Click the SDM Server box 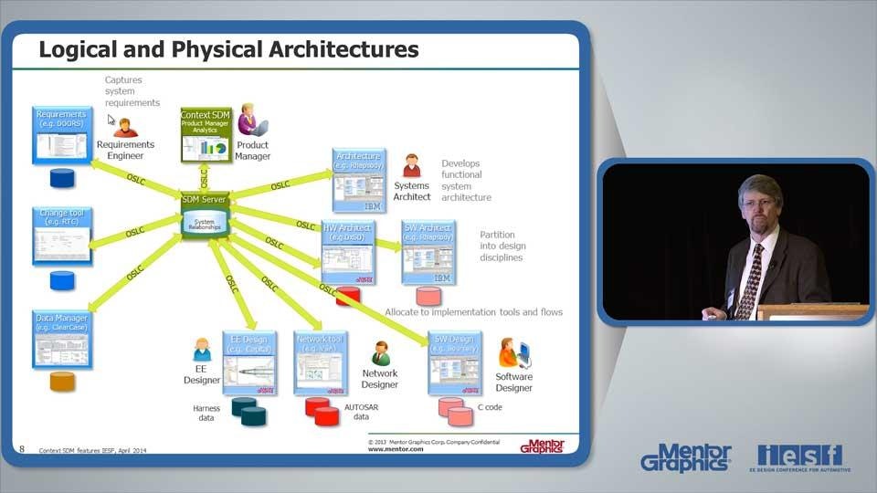point(204,216)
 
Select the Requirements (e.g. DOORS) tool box point(62,135)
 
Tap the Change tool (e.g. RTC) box point(62,236)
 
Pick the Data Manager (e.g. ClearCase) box point(62,339)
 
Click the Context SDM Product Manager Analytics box point(205,135)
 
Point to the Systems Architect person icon point(411,166)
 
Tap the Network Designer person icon point(381,353)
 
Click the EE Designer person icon point(202,350)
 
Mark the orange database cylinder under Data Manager point(62,382)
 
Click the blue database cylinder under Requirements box point(62,177)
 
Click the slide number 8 point(22,448)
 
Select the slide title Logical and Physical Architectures point(228,49)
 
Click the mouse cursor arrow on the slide point(111,120)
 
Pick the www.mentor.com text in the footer point(396,449)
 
